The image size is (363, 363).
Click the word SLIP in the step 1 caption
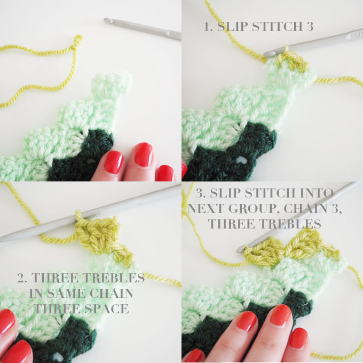click(x=232, y=26)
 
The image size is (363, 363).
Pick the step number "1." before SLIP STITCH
click(x=209, y=26)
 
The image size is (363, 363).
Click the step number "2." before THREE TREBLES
click(x=22, y=278)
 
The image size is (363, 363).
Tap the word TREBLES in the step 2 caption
click(x=113, y=278)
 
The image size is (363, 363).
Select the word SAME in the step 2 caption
click(x=66, y=293)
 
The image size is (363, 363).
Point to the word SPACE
click(x=108, y=309)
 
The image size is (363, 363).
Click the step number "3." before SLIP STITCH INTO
click(x=201, y=193)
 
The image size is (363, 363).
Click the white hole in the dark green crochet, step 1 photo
click(x=241, y=160)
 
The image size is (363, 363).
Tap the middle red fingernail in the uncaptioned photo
click(x=143, y=154)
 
